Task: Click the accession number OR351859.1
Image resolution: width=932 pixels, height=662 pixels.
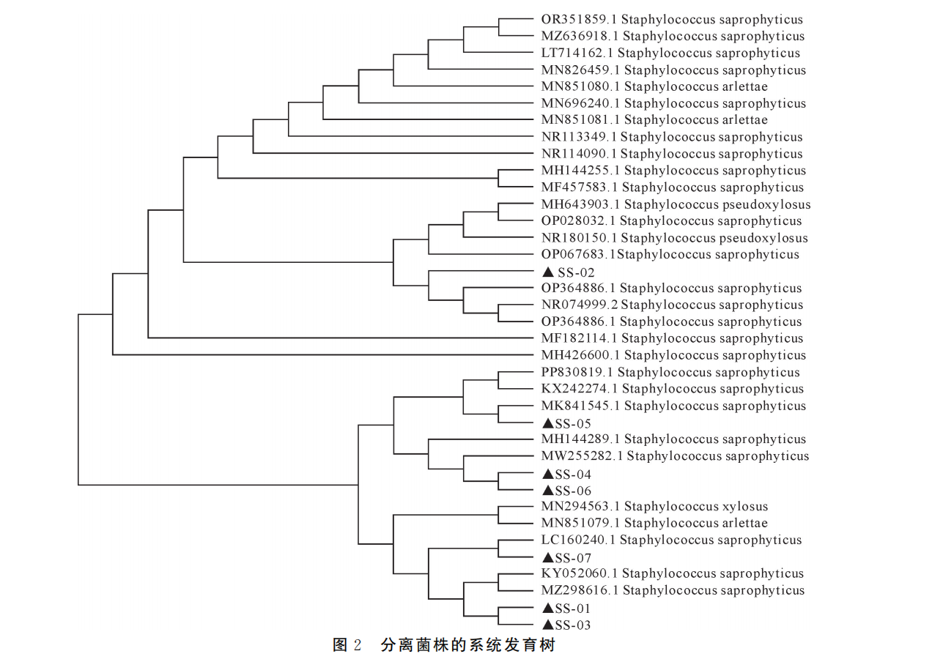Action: [x=579, y=19]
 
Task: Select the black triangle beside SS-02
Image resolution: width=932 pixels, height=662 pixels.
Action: [x=548, y=272]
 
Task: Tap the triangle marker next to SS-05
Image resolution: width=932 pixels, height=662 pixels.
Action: [x=548, y=423]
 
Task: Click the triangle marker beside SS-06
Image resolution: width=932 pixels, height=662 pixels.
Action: [x=548, y=491]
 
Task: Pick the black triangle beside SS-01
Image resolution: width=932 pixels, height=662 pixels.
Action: [x=548, y=608]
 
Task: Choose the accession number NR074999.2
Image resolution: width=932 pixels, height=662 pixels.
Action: [x=579, y=305]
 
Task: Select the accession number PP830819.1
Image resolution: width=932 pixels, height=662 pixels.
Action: [x=577, y=372]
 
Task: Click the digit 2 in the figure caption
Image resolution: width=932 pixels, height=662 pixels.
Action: [x=358, y=645]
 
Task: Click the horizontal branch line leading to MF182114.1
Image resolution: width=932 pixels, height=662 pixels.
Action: [x=341, y=338]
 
